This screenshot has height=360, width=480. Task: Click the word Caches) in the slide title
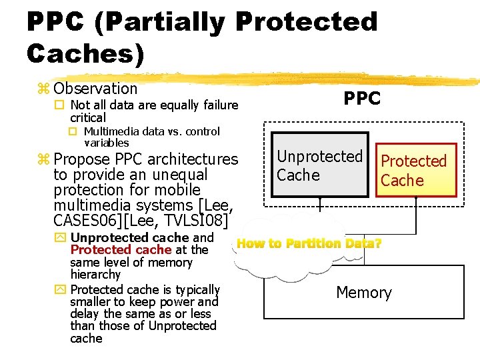tap(85, 53)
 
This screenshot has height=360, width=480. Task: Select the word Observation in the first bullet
tap(95, 89)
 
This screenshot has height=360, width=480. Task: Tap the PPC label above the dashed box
tap(362, 99)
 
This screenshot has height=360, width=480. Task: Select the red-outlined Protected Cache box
tap(413, 171)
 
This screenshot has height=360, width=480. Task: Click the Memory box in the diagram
tap(364, 293)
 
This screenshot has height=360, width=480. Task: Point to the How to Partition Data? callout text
tap(309, 244)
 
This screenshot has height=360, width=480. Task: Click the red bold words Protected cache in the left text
tap(121, 250)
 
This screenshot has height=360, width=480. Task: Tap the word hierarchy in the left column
tap(95, 275)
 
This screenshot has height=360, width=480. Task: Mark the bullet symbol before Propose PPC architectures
tap(44, 160)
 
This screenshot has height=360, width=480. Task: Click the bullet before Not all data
tap(59, 105)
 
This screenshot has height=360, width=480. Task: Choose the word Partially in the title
tap(164, 22)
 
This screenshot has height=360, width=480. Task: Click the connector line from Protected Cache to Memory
tap(418, 230)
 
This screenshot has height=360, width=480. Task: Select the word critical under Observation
tap(88, 117)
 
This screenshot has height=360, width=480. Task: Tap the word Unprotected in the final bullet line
tap(182, 326)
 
